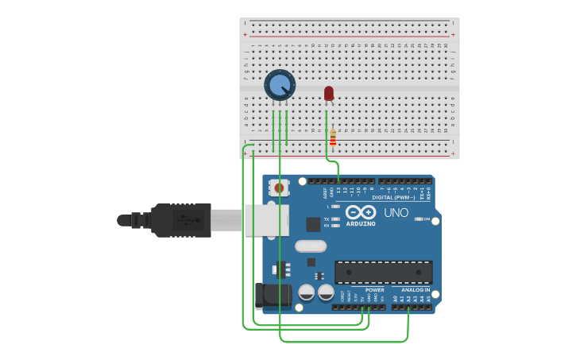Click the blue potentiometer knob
click(x=279, y=84)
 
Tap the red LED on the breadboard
click(x=329, y=94)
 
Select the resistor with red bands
click(x=333, y=139)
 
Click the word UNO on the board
click(x=396, y=213)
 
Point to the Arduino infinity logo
click(x=360, y=212)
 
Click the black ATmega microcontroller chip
click(x=383, y=272)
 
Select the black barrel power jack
click(x=271, y=296)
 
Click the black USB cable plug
click(x=181, y=220)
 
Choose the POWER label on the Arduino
click(x=374, y=290)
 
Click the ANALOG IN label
click(x=415, y=290)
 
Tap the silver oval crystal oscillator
click(x=311, y=246)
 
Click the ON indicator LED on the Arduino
click(x=419, y=219)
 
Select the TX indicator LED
click(x=337, y=219)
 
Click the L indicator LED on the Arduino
click(x=337, y=207)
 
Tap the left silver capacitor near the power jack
click(x=306, y=292)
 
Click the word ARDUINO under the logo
click(x=361, y=224)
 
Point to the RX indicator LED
click(x=337, y=225)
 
